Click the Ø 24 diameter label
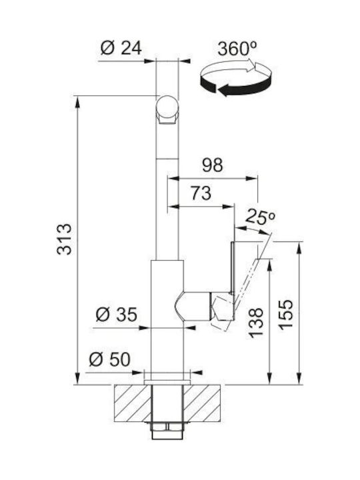pyautogui.click(x=121, y=48)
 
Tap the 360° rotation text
pyautogui.click(x=237, y=49)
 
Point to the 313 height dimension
pyautogui.click(x=64, y=239)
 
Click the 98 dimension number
pyautogui.click(x=213, y=165)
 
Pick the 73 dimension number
pyautogui.click(x=201, y=193)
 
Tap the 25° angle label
pyautogui.click(x=260, y=217)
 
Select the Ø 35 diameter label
pyautogui.click(x=116, y=315)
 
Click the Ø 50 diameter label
pyautogui.click(x=109, y=359)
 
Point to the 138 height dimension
pyautogui.click(x=255, y=323)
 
